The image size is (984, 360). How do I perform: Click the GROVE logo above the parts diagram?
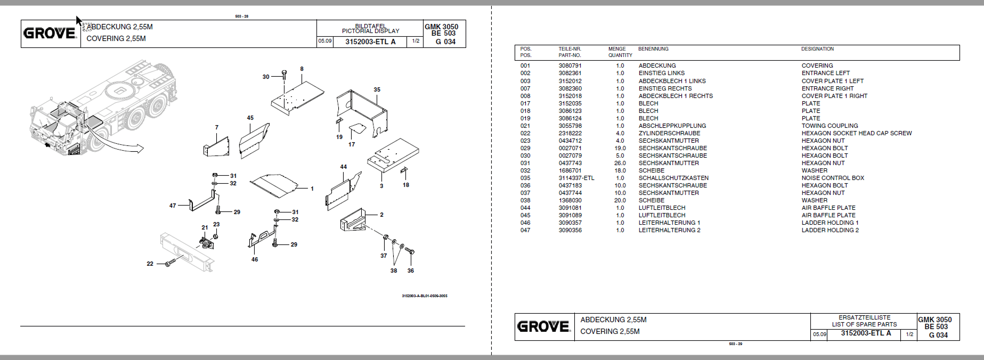click(50, 34)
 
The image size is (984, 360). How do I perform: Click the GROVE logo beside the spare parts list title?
click(543, 326)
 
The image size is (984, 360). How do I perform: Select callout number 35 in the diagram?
click(377, 89)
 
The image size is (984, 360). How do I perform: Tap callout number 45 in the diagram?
click(250, 118)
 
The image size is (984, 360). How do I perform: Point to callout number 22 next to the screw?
click(150, 264)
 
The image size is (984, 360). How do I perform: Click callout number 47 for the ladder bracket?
click(173, 206)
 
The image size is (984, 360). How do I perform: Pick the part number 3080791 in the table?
click(570, 66)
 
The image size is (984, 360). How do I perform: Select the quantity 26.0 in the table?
click(620, 163)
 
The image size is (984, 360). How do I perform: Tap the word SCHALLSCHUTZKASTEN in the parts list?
click(673, 178)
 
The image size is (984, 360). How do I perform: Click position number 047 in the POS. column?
click(525, 230)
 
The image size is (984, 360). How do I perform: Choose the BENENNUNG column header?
click(653, 49)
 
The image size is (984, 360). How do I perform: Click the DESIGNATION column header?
click(817, 49)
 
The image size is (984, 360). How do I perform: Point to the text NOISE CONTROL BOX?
click(833, 178)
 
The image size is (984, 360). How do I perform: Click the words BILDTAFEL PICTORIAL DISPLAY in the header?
click(370, 28)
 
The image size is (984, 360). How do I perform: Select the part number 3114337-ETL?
click(576, 178)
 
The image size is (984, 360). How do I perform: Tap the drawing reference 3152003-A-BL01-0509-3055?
click(425, 296)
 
